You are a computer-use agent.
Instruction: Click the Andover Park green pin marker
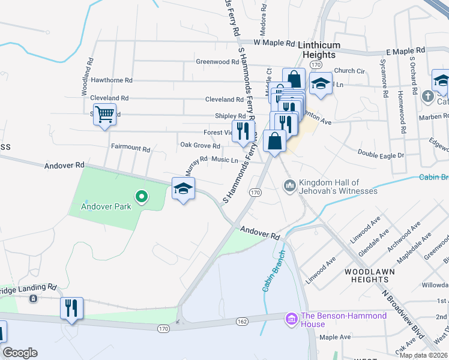tap(141, 196)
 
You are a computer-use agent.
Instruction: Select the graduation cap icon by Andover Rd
tap(183, 189)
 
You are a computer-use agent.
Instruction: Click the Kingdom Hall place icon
tap(290, 187)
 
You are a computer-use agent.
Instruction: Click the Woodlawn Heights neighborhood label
tap(370, 276)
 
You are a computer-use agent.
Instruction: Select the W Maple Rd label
tap(275, 43)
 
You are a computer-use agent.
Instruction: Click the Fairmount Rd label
tap(130, 147)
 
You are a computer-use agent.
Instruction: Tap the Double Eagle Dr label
tap(381, 154)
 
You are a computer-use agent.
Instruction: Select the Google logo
tap(20, 353)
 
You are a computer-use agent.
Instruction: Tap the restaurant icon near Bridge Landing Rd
tap(71, 308)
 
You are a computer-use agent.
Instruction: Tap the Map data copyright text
tap(424, 355)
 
